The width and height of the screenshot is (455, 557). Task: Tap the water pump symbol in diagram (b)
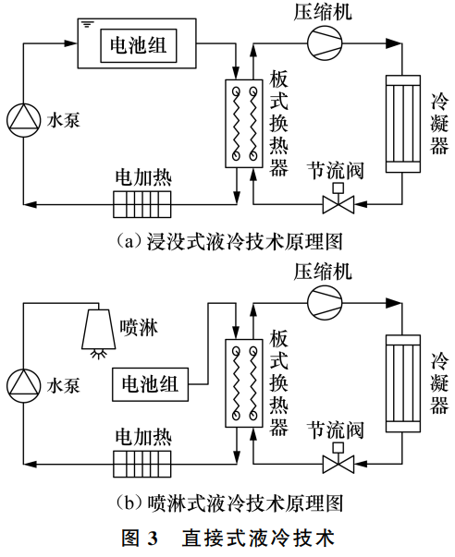click(21, 383)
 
